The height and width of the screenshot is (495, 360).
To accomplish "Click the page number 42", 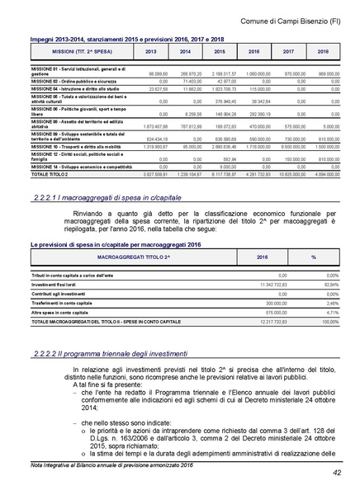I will pyautogui.click(x=338, y=472).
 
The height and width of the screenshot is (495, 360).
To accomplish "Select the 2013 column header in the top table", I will pyautogui.click(x=150, y=51).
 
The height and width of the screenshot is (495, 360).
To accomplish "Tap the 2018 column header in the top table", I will pyautogui.click(x=323, y=51).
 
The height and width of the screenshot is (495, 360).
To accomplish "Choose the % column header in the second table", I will pyautogui.click(x=313, y=257).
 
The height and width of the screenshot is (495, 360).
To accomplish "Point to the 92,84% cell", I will pyautogui.click(x=328, y=283).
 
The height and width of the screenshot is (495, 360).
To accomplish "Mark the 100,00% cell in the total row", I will pyautogui.click(x=327, y=323).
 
